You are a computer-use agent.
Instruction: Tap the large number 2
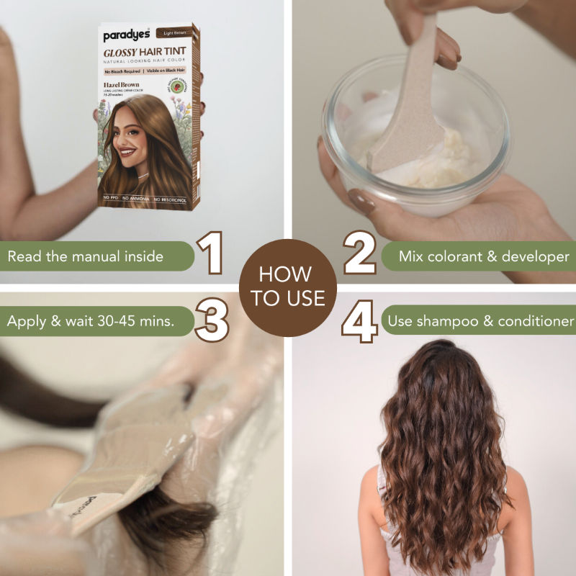pos(359,254)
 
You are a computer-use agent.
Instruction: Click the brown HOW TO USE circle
pos(288,287)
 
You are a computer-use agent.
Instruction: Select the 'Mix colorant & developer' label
pos(482,256)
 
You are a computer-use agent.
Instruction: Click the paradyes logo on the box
pos(125,35)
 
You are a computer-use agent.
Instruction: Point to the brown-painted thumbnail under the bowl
pos(359,199)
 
